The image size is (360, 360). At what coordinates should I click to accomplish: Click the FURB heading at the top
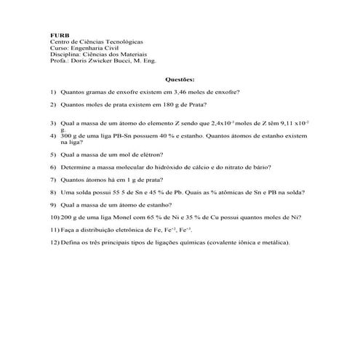pyautogui.click(x=58, y=34)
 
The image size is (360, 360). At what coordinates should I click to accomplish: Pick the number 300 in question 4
pyautogui.click(x=66, y=135)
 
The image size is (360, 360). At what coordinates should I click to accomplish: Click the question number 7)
pyautogui.click(x=54, y=179)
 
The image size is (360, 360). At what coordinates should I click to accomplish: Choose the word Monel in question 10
pyautogui.click(x=124, y=217)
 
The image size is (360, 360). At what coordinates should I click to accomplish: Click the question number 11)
pyautogui.click(x=55, y=229)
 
